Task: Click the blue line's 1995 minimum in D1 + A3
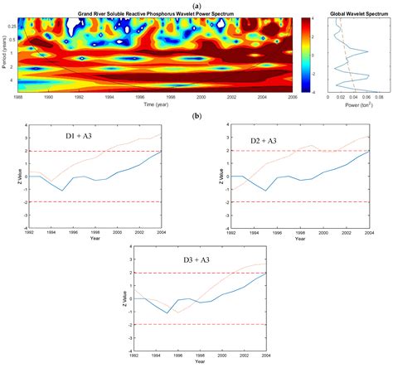(x=63, y=191)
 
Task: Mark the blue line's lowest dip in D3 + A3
(x=168, y=312)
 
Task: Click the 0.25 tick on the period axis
(x=12, y=26)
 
